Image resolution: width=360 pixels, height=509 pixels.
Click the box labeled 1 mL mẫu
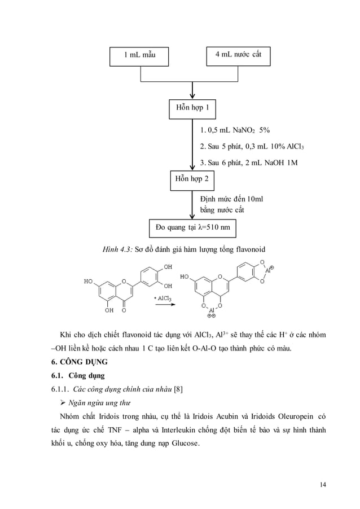pos(140,55)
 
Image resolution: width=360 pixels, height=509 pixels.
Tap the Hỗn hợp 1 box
pos(192,107)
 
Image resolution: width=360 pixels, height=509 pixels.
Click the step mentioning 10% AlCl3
pos(252,147)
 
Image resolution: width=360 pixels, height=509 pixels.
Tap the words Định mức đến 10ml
pos(232,200)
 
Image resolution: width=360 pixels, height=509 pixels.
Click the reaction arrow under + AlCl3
pos(163,305)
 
